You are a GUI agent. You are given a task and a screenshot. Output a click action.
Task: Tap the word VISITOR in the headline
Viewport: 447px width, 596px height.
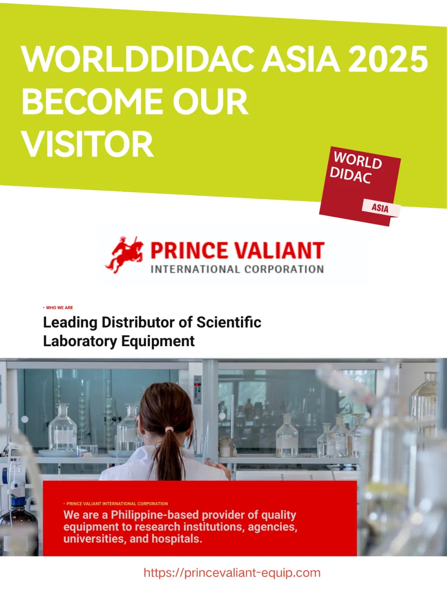point(88,144)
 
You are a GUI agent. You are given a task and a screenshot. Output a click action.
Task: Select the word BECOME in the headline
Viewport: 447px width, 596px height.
point(92,101)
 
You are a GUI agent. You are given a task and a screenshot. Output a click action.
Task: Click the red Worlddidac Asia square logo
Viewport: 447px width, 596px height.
point(360,186)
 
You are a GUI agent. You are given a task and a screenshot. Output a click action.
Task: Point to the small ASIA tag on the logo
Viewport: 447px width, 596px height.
point(380,208)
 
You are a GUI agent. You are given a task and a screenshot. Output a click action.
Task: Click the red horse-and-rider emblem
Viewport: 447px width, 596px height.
point(124,254)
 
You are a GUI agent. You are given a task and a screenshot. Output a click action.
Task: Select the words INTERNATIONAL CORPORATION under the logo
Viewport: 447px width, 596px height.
point(237,269)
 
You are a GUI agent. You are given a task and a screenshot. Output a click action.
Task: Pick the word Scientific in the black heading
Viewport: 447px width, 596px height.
point(228,322)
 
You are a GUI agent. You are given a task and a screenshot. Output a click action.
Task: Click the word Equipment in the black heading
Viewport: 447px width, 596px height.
point(158,341)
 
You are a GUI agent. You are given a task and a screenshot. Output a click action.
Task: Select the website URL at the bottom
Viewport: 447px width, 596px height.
point(232,573)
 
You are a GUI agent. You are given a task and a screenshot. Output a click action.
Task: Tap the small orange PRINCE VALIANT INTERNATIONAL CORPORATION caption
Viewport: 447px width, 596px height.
point(115,504)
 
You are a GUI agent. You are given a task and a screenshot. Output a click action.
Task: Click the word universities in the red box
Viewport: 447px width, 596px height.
point(95,539)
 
